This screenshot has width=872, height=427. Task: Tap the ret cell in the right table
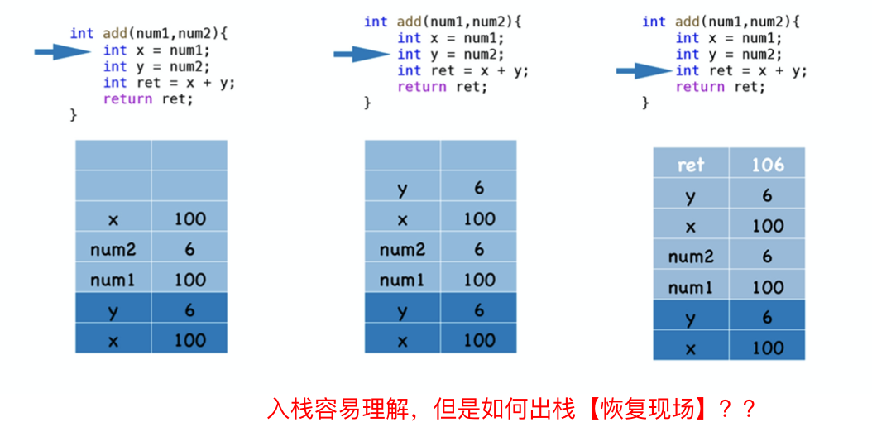pos(691,164)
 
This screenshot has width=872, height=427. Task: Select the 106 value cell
pos(767,164)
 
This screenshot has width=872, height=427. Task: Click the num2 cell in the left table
pos(113,249)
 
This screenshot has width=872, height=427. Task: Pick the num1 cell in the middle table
pos(402,280)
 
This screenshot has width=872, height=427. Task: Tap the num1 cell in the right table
pos(691,286)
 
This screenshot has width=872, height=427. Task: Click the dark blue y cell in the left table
pos(113,309)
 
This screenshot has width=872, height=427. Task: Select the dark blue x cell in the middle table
pos(402,339)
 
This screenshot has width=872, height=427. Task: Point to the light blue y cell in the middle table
pos(402,189)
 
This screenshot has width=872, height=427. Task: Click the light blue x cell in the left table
pos(113,218)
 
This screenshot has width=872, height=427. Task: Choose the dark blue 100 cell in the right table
pos(767,347)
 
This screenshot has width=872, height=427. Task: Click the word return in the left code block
pos(127,98)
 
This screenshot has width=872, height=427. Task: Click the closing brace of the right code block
pos(646,103)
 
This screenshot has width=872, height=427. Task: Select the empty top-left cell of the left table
pos(113,156)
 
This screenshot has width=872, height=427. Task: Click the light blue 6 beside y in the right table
pos(767,195)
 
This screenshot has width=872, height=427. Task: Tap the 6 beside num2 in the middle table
pos(478,249)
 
